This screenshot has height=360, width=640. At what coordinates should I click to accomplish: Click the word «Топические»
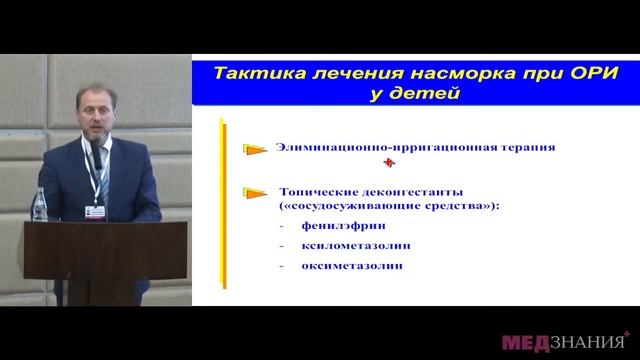(x=314, y=191)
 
